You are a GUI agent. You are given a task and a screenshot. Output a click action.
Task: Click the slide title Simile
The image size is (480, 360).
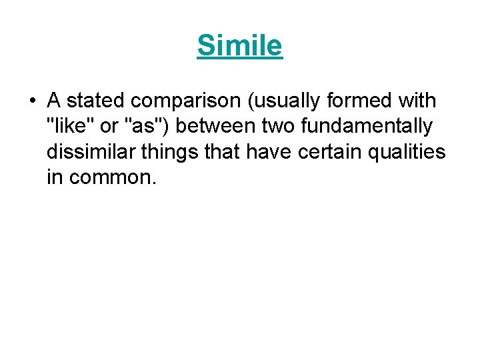click(x=240, y=46)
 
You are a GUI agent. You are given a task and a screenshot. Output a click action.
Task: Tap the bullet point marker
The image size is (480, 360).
click(x=32, y=102)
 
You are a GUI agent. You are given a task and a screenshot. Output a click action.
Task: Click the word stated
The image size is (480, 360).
click(x=96, y=101)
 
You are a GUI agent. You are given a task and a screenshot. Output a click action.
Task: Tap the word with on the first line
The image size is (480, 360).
click(x=417, y=101)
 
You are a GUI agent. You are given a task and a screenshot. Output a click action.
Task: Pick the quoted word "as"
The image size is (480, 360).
click(x=147, y=127)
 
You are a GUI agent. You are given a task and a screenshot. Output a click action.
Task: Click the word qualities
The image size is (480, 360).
click(x=409, y=153)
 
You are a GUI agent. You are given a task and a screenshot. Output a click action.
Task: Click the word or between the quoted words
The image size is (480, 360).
click(x=109, y=127)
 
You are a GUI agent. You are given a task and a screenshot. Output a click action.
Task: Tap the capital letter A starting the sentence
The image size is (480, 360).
click(x=54, y=101)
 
